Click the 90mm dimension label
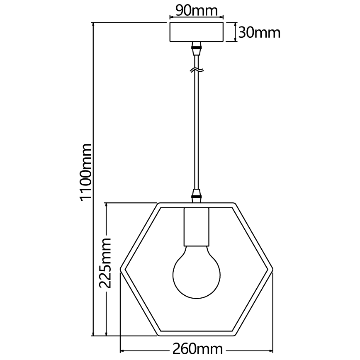[x=196, y=10]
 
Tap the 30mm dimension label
[x=260, y=32]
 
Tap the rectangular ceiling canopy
[x=197, y=32]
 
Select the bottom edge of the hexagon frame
[x=197, y=333]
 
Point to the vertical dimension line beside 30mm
[x=236, y=32]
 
